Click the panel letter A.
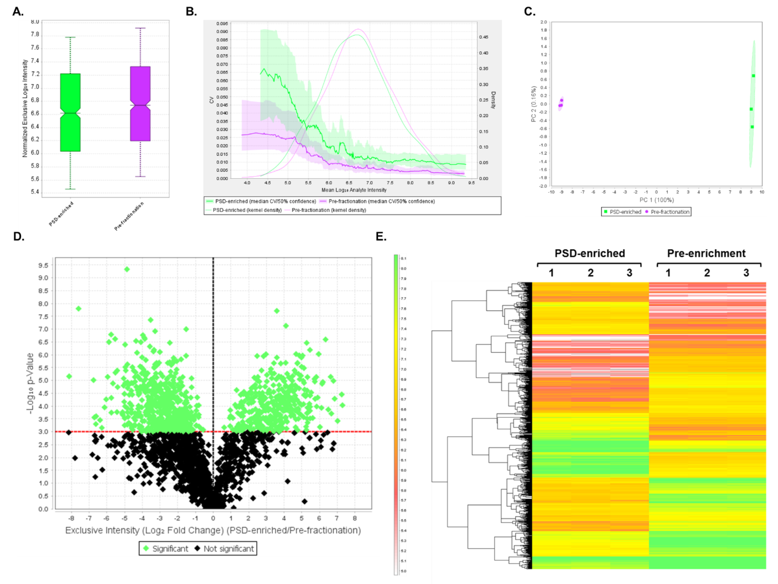pyautogui.click(x=18, y=12)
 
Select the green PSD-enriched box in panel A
pyautogui.click(x=70, y=112)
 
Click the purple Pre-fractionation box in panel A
pyautogui.click(x=140, y=104)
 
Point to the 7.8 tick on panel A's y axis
pyautogui.click(x=35, y=34)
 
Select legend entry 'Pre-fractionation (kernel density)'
pyautogui.click(x=328, y=210)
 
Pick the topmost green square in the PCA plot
pyautogui.click(x=753, y=76)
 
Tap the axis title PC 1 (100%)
pyautogui.click(x=656, y=200)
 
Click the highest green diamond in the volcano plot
pyautogui.click(x=127, y=269)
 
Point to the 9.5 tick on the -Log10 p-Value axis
pyautogui.click(x=43, y=265)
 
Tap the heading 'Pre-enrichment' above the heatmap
pyautogui.click(x=706, y=253)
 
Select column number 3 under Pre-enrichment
pyautogui.click(x=746, y=273)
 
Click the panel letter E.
pyautogui.click(x=381, y=236)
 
